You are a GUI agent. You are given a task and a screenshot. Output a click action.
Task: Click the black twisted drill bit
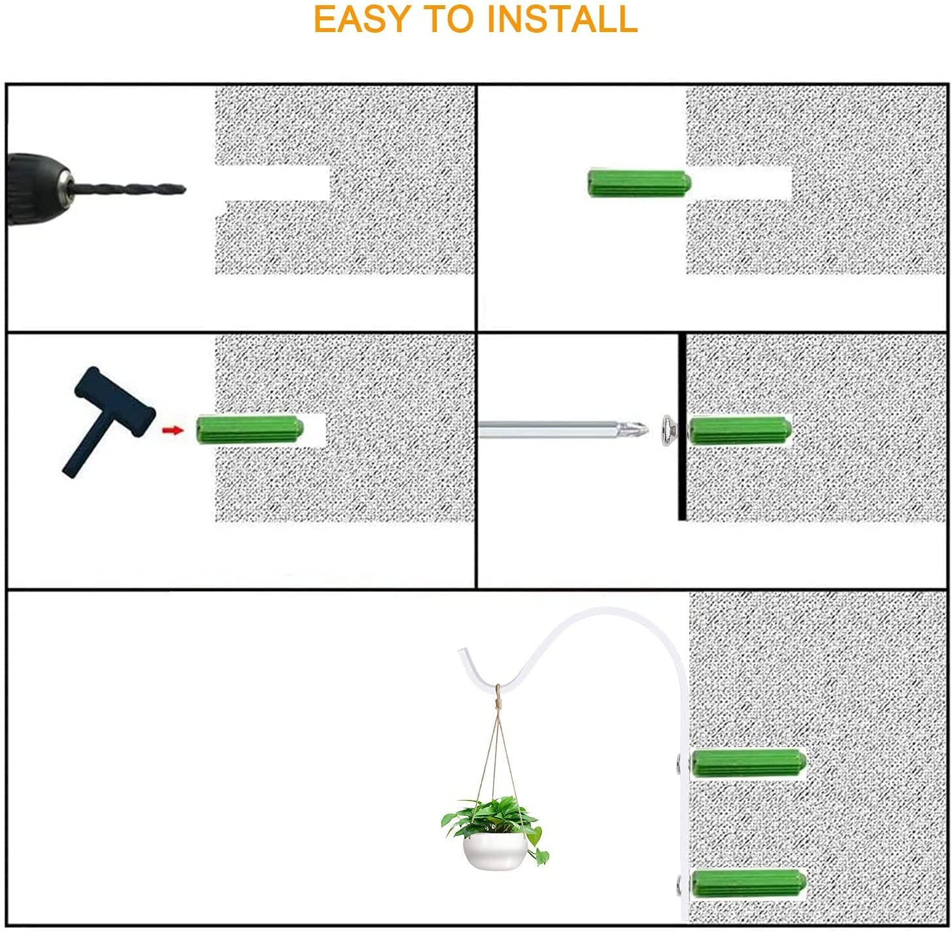click(129, 188)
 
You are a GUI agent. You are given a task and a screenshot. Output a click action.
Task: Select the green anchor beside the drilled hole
click(639, 183)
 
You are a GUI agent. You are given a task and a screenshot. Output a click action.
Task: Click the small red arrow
click(173, 430)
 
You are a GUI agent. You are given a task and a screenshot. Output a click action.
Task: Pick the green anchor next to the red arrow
click(250, 429)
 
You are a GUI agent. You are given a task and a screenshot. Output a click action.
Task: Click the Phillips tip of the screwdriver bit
click(637, 429)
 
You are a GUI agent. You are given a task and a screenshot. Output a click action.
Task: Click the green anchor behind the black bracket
click(739, 430)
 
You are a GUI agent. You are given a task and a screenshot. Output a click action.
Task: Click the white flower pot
click(495, 850)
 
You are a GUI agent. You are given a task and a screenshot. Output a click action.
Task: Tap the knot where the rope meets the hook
click(498, 695)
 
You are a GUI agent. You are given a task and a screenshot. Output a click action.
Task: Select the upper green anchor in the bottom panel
click(748, 763)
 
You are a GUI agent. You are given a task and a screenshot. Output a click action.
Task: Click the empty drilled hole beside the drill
click(273, 183)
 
